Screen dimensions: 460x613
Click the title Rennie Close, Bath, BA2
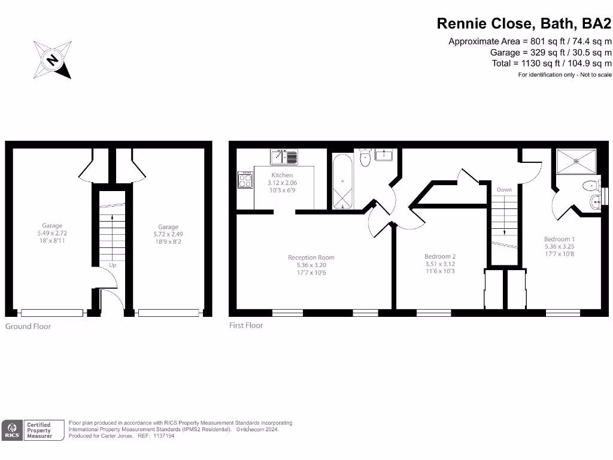(524, 23)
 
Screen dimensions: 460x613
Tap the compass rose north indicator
(53, 60)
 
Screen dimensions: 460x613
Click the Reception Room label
(311, 258)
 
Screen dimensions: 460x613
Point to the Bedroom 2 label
(440, 256)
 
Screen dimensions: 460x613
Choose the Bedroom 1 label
(559, 239)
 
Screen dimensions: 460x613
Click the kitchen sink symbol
(284, 157)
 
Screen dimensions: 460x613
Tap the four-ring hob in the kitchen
(245, 180)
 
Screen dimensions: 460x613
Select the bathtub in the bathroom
(343, 181)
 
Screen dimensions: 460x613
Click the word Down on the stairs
(504, 190)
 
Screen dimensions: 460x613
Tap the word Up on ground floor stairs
(112, 264)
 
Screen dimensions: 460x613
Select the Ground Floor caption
(28, 326)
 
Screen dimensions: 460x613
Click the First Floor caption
(246, 325)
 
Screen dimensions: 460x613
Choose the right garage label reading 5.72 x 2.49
(168, 234)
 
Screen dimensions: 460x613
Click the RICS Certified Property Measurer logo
(34, 429)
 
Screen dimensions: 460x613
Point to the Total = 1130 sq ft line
(551, 63)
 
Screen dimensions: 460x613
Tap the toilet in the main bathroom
(365, 158)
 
